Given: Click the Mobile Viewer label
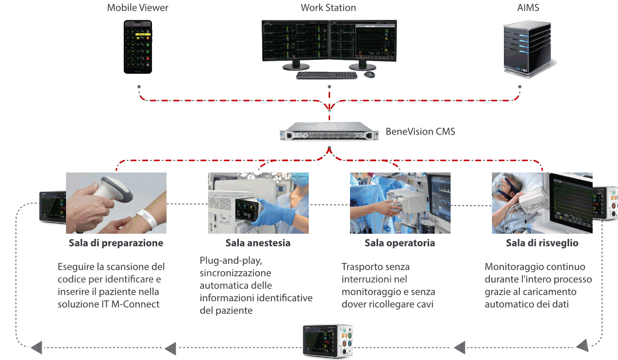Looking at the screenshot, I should [x=137, y=8].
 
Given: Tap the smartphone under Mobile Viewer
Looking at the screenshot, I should [x=137, y=47].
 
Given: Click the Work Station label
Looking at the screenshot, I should [x=328, y=8].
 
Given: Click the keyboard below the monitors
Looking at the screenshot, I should [x=326, y=75].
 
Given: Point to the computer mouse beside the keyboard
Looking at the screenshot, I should [x=369, y=74].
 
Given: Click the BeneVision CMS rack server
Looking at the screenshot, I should [x=329, y=131].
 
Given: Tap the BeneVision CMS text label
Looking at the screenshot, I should [x=420, y=131].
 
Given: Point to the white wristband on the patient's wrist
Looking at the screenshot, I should [x=147, y=218].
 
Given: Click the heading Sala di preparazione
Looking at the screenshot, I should [x=116, y=243].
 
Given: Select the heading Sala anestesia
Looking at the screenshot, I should [x=258, y=243].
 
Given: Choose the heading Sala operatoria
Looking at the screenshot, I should [x=400, y=243].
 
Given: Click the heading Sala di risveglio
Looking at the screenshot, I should [x=542, y=243].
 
